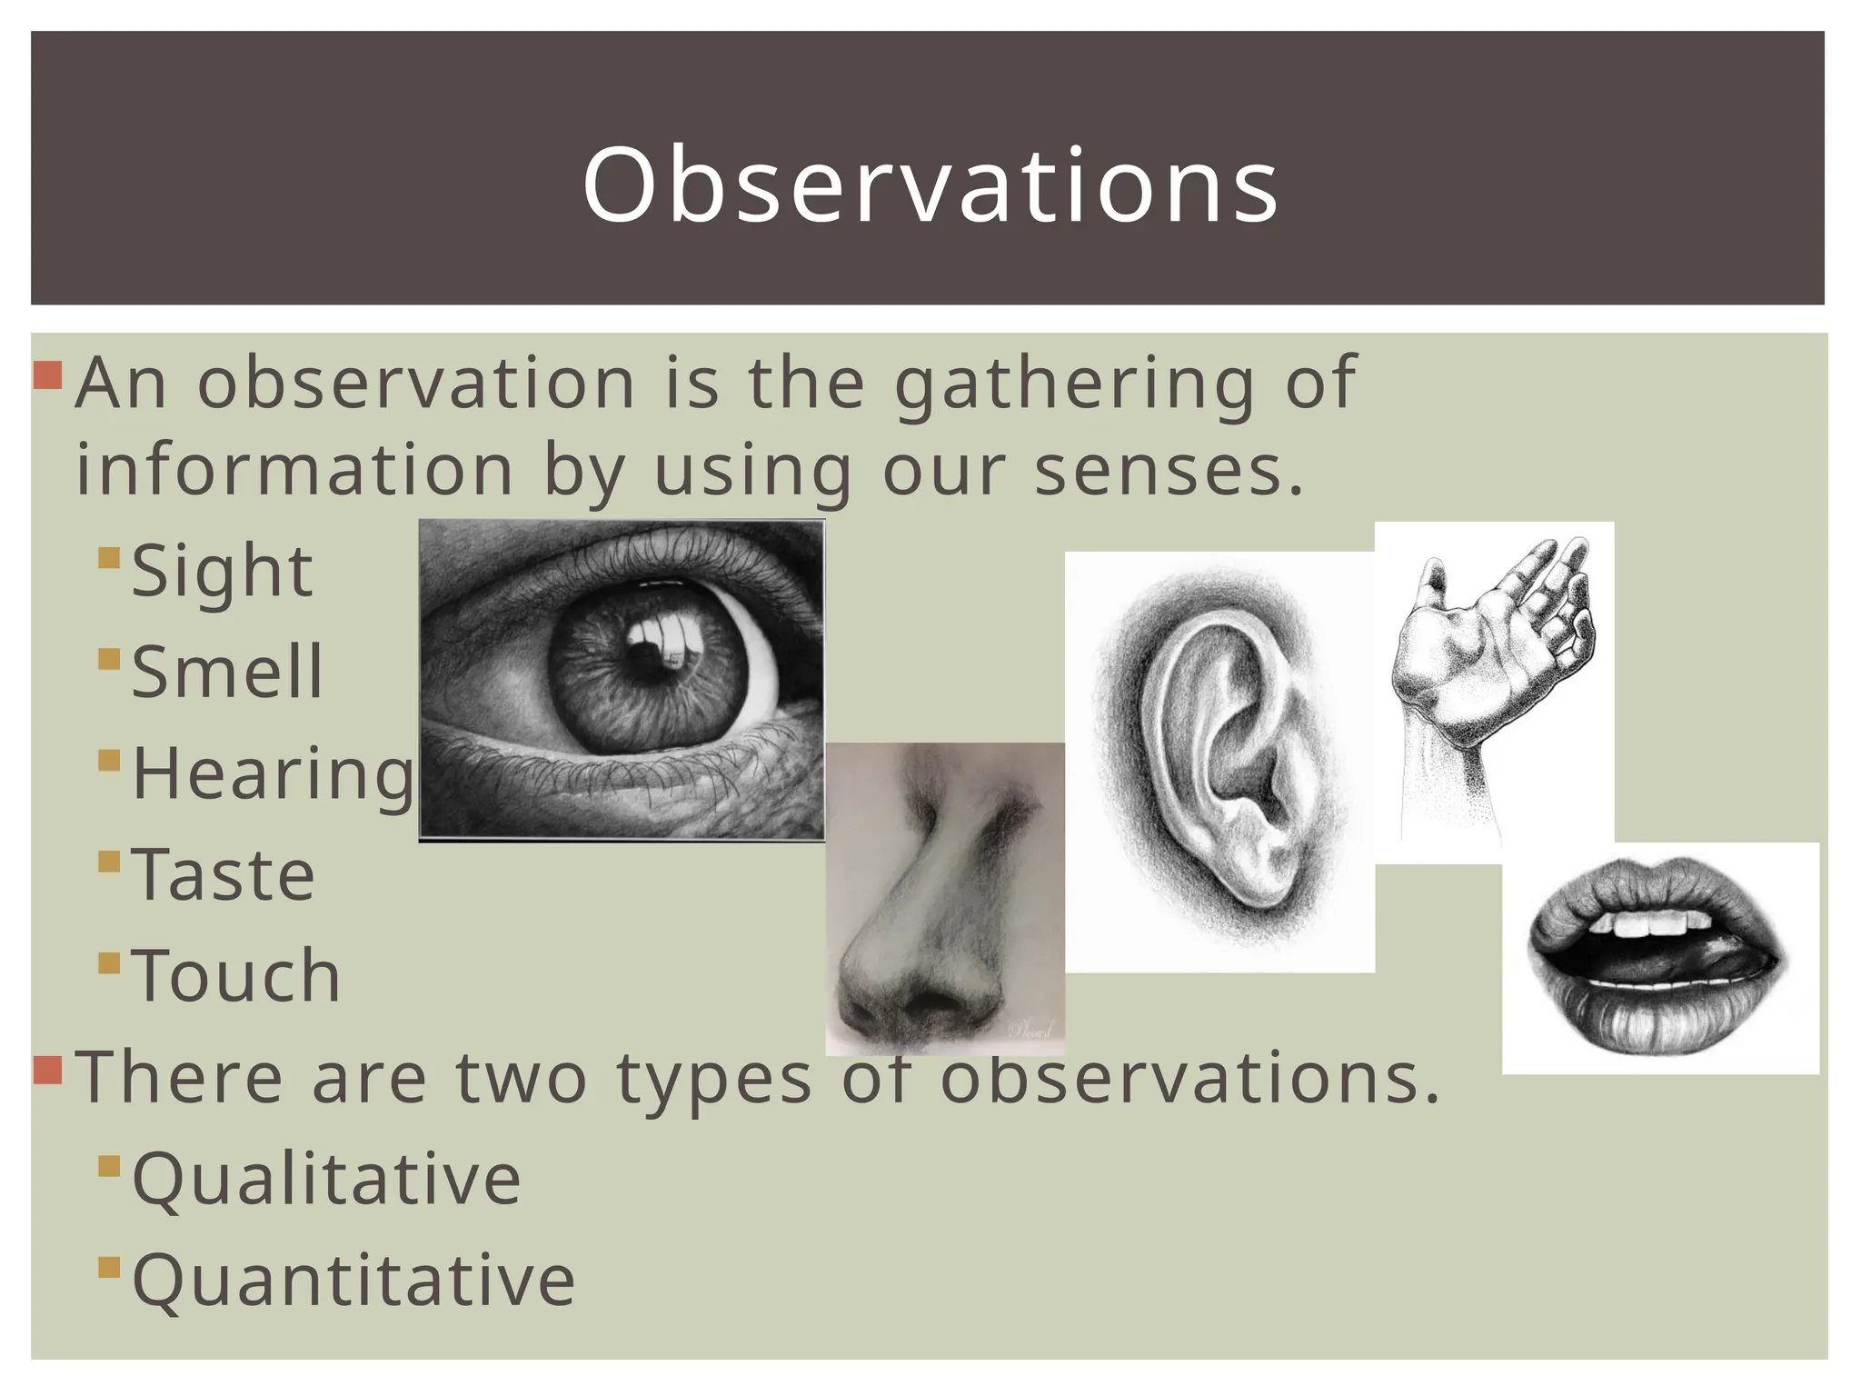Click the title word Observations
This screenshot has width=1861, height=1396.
pos(930,186)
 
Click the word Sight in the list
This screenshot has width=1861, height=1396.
pos(223,572)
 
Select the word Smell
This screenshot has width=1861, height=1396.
pos(227,673)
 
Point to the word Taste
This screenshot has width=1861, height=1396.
pos(224,875)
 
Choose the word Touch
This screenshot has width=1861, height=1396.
pos(236,976)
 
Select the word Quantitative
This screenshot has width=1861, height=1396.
pos(353,1281)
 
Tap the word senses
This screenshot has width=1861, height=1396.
pos(1169,472)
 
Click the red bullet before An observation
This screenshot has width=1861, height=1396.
pos(47,374)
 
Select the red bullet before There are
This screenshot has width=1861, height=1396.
pos(47,1071)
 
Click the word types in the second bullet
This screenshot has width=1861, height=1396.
pos(714,1078)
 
